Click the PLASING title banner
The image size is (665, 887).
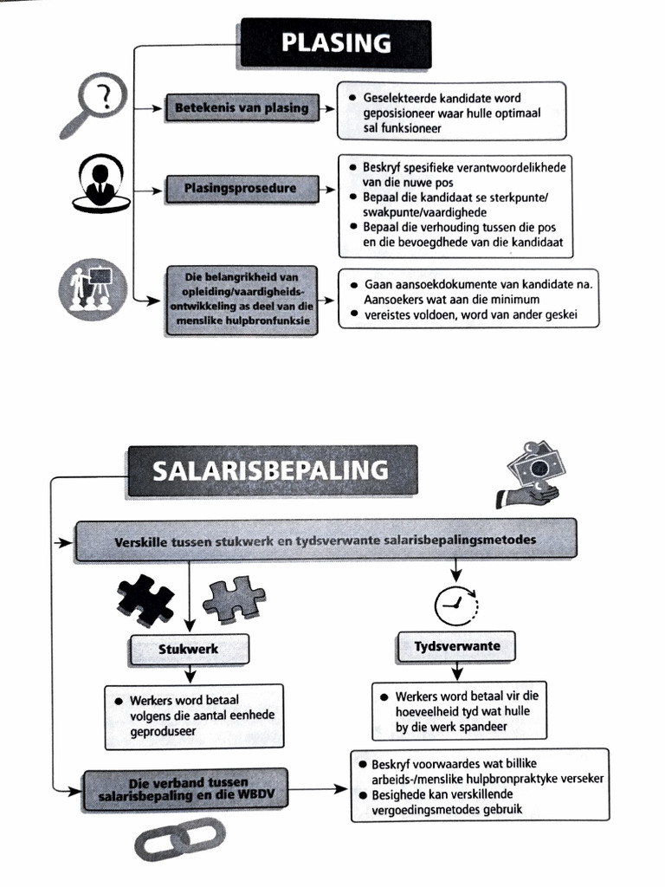[335, 43]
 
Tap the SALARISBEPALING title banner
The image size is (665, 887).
[272, 470]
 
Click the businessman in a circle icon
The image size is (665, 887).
[100, 182]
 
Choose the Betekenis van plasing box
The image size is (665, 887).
[242, 108]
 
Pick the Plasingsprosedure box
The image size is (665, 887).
[240, 187]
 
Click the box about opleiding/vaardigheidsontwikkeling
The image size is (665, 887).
[240, 300]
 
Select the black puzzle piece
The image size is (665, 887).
[145, 600]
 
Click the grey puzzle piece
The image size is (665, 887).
[233, 599]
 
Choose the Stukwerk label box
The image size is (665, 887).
[189, 648]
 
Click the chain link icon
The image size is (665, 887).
[179, 839]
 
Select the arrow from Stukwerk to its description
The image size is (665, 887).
[189, 674]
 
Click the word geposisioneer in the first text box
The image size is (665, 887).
[401, 113]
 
